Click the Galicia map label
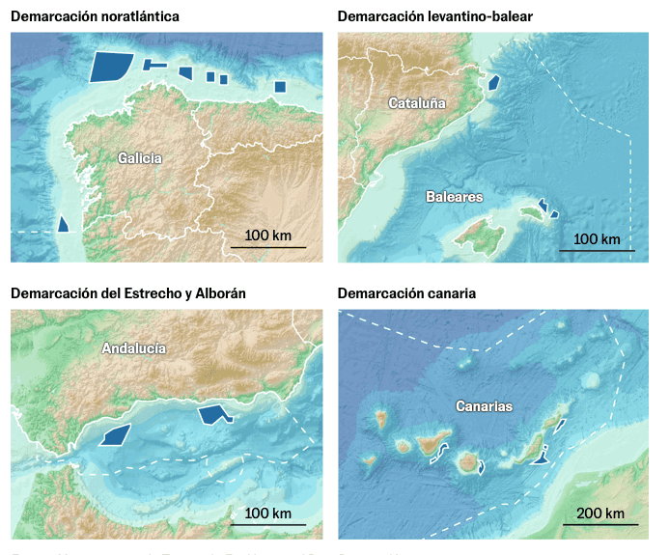click(140, 158)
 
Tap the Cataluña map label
click(416, 103)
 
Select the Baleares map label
click(454, 197)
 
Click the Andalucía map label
click(134, 349)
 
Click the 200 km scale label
click(599, 513)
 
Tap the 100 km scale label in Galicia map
click(268, 236)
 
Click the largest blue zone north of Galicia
click(110, 67)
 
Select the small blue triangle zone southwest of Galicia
click(63, 224)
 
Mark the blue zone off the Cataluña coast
click(493, 82)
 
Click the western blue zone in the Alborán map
click(116, 435)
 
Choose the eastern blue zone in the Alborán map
click(213, 414)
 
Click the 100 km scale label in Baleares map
click(597, 239)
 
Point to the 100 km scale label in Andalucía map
click(268, 513)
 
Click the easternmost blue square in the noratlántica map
click(280, 87)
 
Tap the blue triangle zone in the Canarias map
click(540, 458)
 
